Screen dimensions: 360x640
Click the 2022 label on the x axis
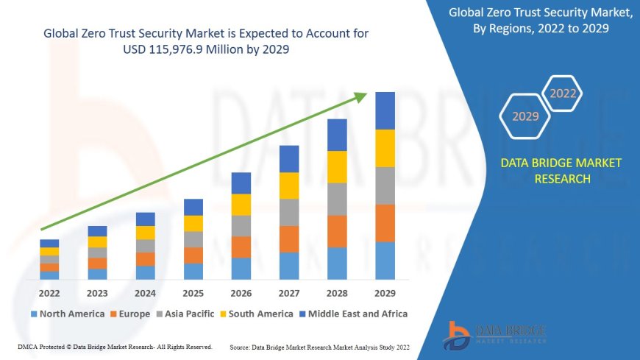pos(49,294)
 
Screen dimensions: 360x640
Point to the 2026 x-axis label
pos(241,294)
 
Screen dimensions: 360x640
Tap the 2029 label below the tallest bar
pos(385,294)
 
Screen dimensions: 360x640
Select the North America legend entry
pos(67,314)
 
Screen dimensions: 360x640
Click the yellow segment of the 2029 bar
pos(385,148)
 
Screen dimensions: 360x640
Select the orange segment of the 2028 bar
pos(337,231)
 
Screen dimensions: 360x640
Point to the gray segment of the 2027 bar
pos(289,212)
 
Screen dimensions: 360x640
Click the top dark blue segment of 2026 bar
pos(241,183)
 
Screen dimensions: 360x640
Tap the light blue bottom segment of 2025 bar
pos(193,272)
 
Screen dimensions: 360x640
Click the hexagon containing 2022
pos(563,93)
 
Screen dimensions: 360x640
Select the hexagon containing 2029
pos(525,116)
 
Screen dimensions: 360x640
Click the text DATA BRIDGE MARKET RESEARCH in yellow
pos(561,171)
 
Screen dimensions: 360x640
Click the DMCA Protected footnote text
pos(114,347)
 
